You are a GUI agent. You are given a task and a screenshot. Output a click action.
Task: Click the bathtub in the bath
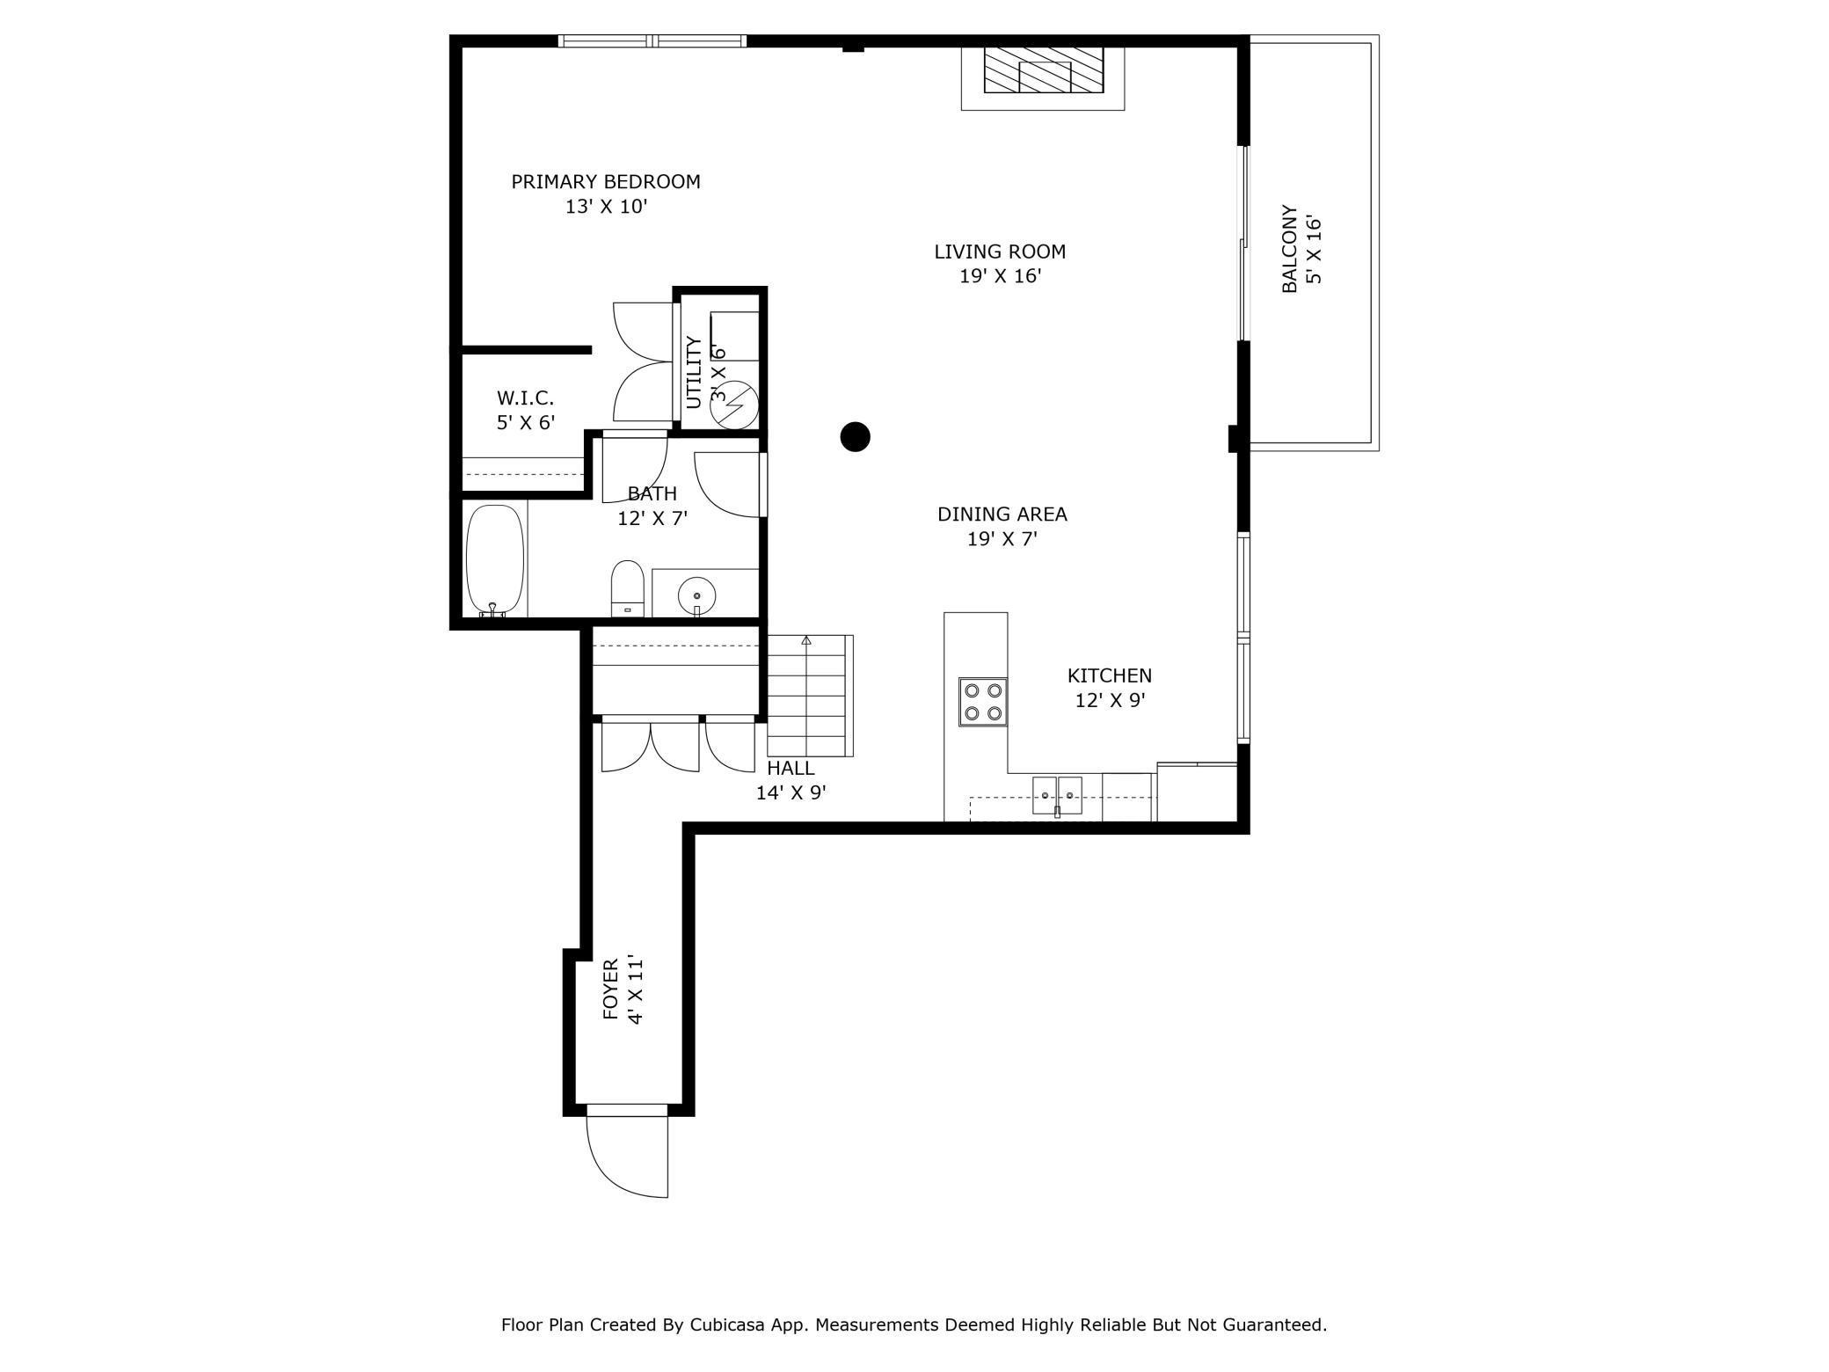495,560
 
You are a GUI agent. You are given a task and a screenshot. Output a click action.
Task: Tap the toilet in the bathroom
628,588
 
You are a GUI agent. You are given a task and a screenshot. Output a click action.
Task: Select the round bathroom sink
696,596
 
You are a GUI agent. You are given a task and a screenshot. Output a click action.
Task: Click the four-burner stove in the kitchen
983,702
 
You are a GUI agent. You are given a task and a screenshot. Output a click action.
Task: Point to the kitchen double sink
1057,795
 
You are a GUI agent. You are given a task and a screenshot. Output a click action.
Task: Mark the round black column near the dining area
856,436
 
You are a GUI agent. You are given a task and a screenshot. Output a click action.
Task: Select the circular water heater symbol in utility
734,405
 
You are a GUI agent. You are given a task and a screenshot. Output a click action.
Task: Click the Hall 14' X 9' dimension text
791,793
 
